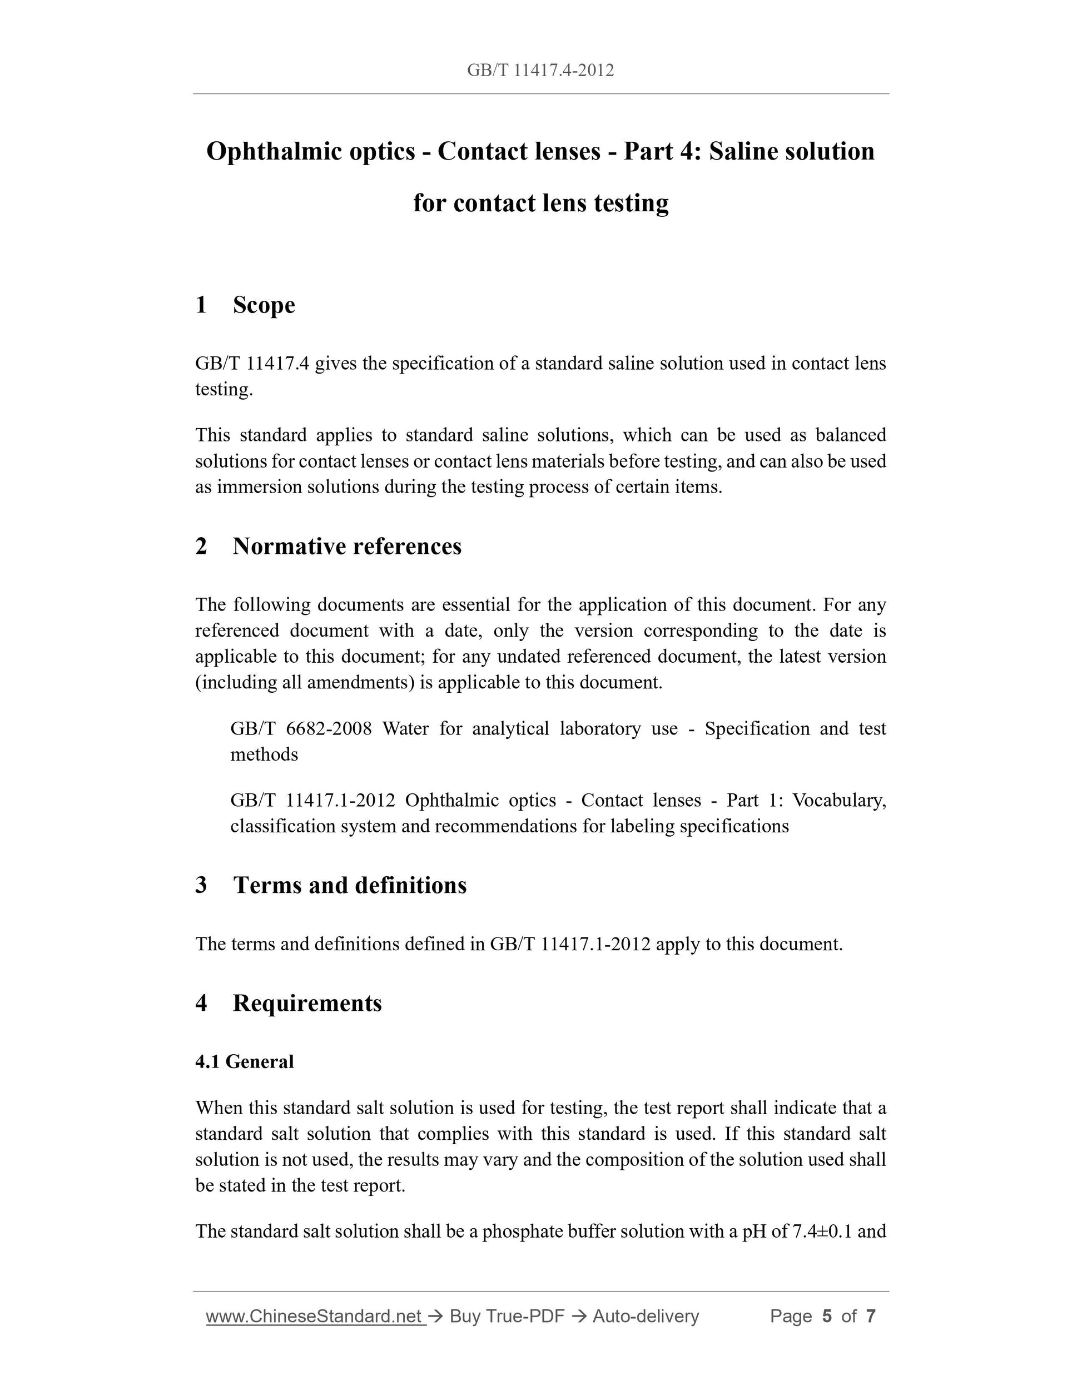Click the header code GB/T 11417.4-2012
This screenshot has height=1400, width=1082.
coord(540,71)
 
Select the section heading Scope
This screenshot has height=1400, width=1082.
coord(264,305)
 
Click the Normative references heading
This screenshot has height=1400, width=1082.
coord(347,546)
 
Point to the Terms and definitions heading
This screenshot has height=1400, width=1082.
coord(349,885)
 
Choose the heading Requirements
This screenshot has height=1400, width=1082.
coord(307,1003)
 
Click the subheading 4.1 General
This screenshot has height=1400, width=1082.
coord(244,1061)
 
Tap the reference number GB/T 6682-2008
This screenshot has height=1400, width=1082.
coord(301,729)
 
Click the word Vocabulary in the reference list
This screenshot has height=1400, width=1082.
coord(838,801)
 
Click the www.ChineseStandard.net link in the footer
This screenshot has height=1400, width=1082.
coord(315,1317)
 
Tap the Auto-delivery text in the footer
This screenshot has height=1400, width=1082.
coord(646,1317)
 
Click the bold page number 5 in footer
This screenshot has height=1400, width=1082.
coord(827,1317)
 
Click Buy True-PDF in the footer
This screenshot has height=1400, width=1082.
coord(507,1317)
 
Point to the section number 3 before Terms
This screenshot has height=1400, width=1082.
coord(201,885)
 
